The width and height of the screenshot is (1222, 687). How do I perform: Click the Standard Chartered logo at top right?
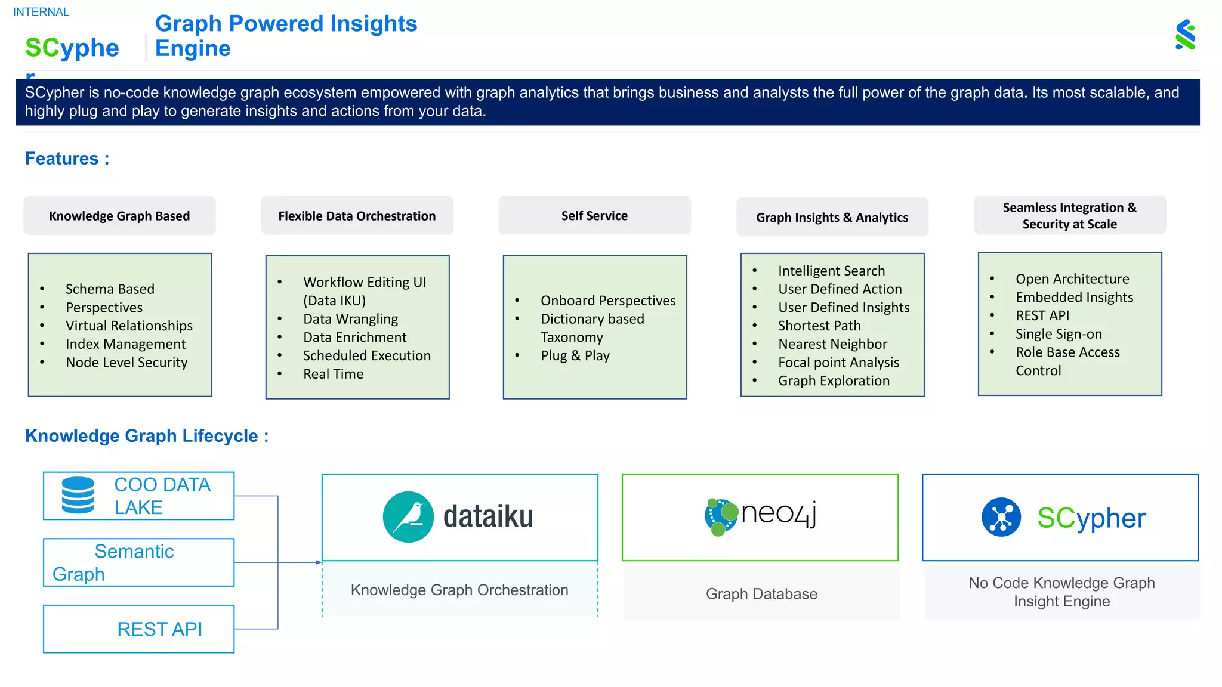point(1185,35)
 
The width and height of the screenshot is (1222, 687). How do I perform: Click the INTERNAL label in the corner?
point(41,12)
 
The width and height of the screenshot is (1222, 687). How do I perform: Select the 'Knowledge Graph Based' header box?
point(119,216)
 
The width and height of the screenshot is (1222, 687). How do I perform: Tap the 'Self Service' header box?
point(594,216)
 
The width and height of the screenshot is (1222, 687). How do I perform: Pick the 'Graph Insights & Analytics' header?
point(832,218)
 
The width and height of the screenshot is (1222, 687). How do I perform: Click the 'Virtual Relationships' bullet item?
point(129,326)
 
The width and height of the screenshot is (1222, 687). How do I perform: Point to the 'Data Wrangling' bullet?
point(350,319)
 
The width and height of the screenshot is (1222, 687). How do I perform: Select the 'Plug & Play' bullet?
point(575,355)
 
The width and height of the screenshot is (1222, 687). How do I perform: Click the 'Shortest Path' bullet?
point(819,326)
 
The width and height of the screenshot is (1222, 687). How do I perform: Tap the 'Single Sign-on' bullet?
point(1059,334)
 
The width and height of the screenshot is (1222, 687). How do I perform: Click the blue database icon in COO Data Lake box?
point(78,495)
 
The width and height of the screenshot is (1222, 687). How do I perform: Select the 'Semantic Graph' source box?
point(138,562)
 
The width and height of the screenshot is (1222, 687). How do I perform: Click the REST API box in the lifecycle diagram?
point(138,629)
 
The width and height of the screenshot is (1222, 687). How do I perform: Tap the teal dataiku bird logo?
point(408,516)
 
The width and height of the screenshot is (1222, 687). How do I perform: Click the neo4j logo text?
point(778,513)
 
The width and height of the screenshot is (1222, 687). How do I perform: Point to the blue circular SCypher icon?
point(1001,517)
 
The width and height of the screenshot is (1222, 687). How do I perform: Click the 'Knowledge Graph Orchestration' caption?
point(459,590)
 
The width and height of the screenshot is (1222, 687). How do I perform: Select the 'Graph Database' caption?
point(761,594)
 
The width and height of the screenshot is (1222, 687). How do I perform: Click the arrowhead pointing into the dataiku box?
point(319,562)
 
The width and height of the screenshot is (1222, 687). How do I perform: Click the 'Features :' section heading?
point(67,159)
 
